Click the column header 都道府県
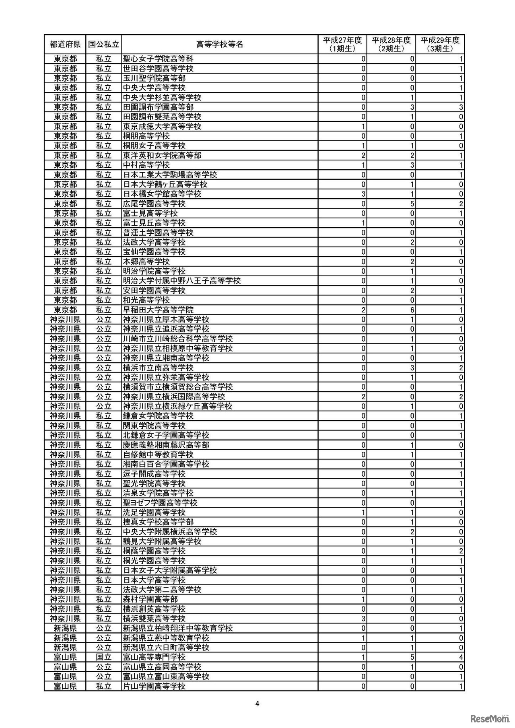65,44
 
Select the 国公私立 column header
104,44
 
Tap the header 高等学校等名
220,44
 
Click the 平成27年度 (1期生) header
342,44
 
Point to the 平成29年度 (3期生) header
440,44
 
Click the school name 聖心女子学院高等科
158,59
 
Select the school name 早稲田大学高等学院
158,310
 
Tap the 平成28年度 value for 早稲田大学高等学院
412,310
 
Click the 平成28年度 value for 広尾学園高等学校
412,204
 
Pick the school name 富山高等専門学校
154,657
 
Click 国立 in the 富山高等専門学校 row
104,657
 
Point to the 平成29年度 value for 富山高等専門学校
461,657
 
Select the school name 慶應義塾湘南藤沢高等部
166,445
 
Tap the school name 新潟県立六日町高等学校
166,648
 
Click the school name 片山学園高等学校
154,686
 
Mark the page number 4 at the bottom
257,704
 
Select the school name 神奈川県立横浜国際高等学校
177,397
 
